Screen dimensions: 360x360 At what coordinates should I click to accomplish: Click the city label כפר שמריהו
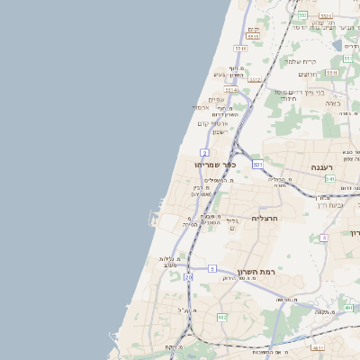(214, 165)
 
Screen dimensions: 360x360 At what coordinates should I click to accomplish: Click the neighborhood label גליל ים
(232, 223)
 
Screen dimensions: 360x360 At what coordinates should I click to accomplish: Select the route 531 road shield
(257, 165)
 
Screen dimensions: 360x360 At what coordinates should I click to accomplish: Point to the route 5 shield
(212, 268)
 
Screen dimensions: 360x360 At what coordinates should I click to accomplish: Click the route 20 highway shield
(188, 278)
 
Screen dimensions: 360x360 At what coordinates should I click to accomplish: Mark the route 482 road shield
(221, 318)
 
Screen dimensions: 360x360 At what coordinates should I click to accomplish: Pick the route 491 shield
(347, 307)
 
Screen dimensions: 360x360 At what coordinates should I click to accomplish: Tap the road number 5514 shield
(231, 90)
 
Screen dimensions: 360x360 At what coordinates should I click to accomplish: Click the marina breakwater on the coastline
(150, 217)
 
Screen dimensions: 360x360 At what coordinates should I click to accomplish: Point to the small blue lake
(337, 44)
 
